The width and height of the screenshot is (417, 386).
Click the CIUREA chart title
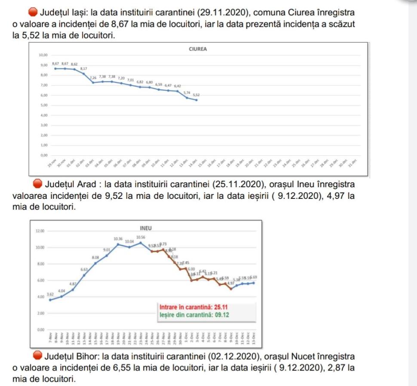click(x=198, y=49)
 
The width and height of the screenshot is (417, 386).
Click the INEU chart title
click(x=146, y=228)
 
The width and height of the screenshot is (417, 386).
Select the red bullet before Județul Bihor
click(x=38, y=357)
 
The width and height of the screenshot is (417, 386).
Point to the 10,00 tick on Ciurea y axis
click(x=43, y=56)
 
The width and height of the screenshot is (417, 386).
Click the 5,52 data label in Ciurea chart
click(x=196, y=95)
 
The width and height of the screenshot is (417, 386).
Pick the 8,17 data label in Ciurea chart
click(x=84, y=68)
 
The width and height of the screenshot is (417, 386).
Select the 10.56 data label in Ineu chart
click(x=141, y=237)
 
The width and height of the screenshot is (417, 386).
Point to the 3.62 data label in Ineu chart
click(x=50, y=294)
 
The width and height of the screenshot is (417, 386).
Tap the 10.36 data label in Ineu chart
click(x=118, y=238)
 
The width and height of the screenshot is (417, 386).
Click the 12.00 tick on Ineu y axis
click(x=40, y=231)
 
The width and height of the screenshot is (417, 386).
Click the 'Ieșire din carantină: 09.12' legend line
click(x=194, y=315)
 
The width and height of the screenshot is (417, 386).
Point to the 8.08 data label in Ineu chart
click(x=95, y=257)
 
